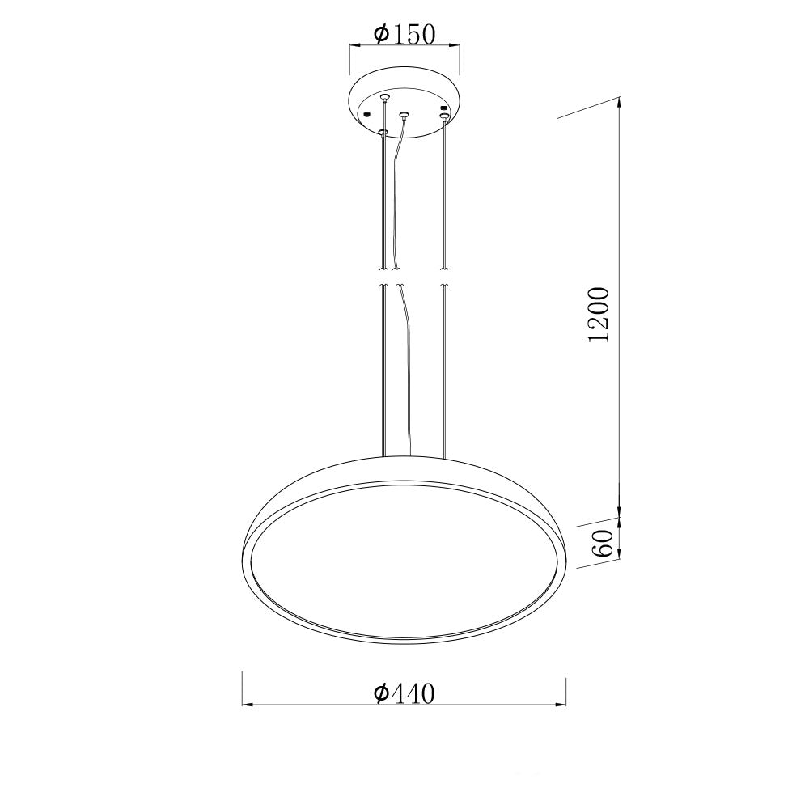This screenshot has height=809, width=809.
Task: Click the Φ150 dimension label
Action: click(405, 35)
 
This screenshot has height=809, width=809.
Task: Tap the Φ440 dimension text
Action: click(405, 693)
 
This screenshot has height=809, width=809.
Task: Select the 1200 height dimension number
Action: click(599, 315)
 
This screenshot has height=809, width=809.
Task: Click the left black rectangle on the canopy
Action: click(367, 114)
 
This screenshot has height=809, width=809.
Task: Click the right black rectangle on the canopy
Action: click(443, 108)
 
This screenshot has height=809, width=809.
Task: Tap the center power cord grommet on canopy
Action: click(404, 114)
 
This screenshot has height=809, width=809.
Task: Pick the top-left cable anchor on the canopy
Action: click(383, 96)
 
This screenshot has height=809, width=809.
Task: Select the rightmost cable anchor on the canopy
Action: click(443, 117)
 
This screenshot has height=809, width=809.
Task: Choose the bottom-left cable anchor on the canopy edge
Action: click(383, 133)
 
